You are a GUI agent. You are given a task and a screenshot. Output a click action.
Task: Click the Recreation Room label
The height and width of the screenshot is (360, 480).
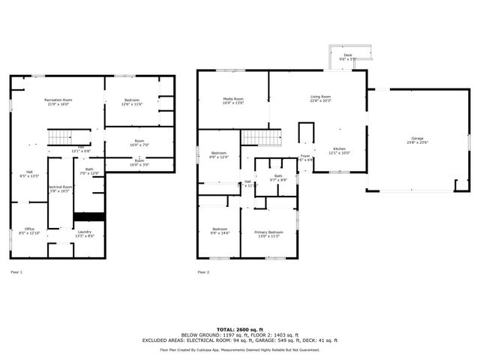click(x=58, y=100)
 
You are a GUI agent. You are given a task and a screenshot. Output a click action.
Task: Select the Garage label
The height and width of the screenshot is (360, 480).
click(x=416, y=139)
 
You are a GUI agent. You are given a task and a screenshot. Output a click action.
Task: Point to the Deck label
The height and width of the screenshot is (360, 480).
click(x=347, y=55)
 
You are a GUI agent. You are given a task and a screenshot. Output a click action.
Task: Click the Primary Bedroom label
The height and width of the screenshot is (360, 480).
click(x=268, y=232)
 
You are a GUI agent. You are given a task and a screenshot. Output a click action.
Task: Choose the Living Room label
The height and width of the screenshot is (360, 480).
click(x=321, y=97)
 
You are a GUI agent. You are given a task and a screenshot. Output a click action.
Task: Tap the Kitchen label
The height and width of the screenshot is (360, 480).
click(x=340, y=149)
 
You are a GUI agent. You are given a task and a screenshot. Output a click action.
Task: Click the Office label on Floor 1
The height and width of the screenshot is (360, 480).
click(x=29, y=229)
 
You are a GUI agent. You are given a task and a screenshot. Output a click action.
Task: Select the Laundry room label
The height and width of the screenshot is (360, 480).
click(x=85, y=232)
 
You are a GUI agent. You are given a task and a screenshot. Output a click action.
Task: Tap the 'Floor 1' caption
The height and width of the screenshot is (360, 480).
click(x=16, y=271)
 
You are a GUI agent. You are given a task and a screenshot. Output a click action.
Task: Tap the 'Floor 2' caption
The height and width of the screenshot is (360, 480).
click(x=203, y=271)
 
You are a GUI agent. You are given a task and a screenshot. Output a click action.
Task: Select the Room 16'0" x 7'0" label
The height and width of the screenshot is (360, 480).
click(x=139, y=144)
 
